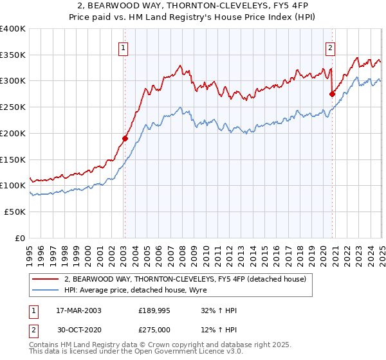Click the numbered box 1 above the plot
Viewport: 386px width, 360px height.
point(122,46)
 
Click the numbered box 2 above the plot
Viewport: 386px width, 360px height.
point(330,46)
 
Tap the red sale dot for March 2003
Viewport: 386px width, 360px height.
point(125,138)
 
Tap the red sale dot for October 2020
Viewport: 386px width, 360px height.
point(333,94)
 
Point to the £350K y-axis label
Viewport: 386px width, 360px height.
point(13,55)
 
